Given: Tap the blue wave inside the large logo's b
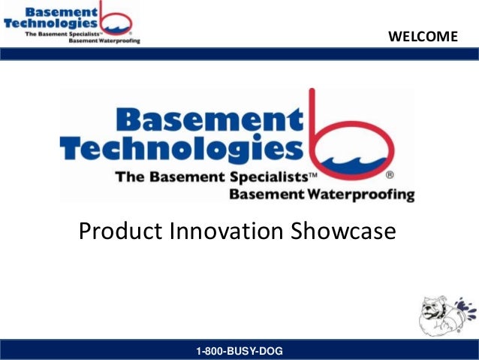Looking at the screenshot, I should pyautogui.click(x=347, y=159).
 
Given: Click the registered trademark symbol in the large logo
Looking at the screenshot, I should pyautogui.click(x=388, y=174).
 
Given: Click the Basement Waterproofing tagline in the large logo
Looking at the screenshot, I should pyautogui.click(x=321, y=195).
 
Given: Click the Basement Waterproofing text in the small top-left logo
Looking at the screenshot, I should pyautogui.click(x=103, y=41).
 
